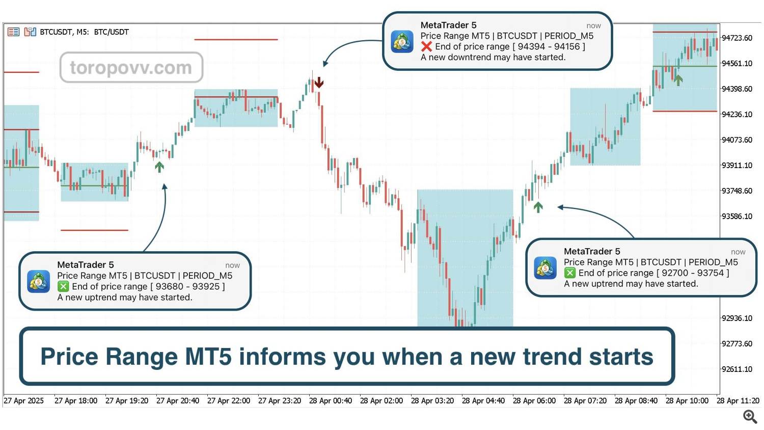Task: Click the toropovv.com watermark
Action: pos(131,68)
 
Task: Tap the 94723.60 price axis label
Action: pos(736,38)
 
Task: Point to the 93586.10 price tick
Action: pos(736,217)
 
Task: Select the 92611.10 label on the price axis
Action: pos(736,369)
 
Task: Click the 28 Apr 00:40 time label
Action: pos(331,400)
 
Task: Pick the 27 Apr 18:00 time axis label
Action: pos(76,400)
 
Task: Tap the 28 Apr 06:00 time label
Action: pos(534,400)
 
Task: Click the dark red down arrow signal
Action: pos(319,82)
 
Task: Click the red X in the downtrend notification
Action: pos(426,46)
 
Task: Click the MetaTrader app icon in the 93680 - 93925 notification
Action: pos(39,282)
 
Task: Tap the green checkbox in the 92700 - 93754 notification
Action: pos(569,273)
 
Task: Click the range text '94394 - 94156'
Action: pos(549,46)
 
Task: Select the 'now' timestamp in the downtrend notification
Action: pos(593,26)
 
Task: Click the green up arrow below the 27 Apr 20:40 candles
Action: pos(159,167)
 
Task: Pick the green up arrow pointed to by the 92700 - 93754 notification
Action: pos(538,207)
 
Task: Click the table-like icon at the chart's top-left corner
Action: pos(13,32)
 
